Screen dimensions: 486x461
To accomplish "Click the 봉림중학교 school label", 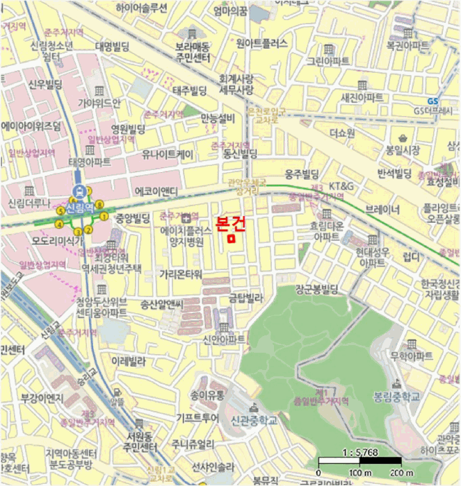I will (397, 396).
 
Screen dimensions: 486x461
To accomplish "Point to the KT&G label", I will (341, 186).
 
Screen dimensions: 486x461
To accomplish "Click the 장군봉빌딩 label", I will (316, 287).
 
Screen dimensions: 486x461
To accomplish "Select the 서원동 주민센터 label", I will (139, 442).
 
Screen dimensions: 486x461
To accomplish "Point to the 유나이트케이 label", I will (168, 154).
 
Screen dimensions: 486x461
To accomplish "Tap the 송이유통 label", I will (207, 395).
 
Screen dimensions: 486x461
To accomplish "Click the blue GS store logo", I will (432, 101).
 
